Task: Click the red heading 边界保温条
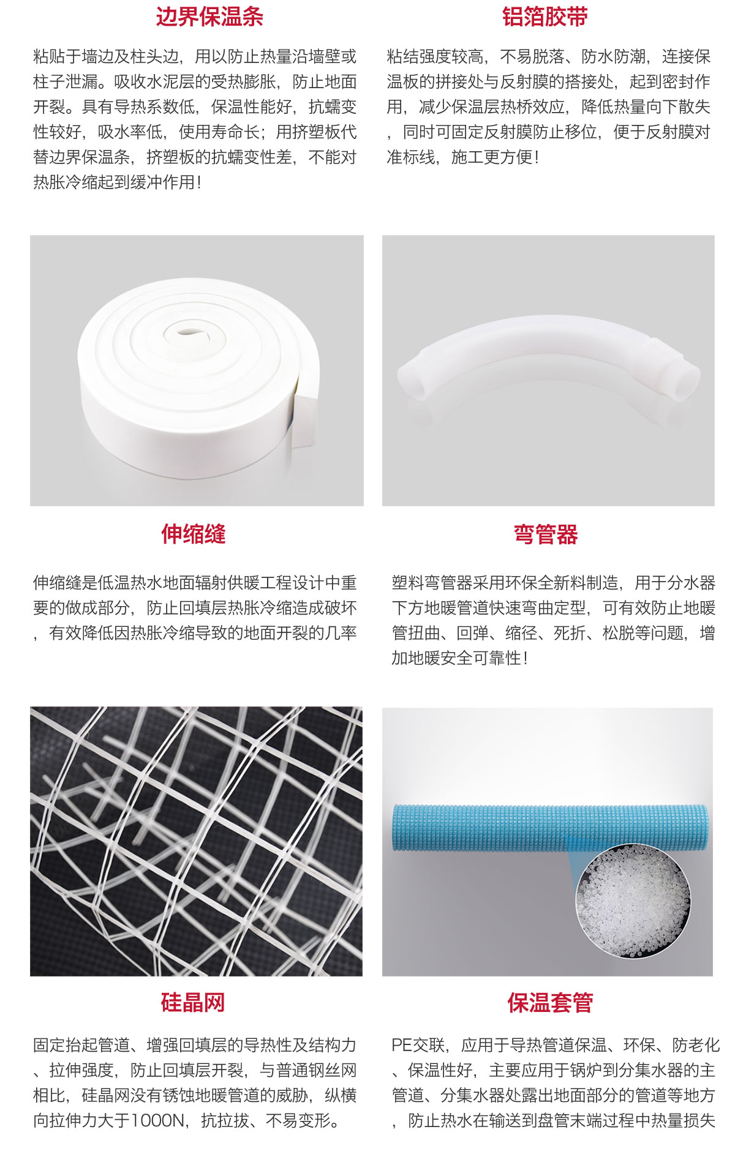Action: [209, 17]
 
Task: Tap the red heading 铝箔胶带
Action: [545, 17]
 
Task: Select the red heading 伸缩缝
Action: [194, 534]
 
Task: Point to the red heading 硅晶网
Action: [193, 1002]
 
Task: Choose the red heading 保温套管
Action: [550, 1003]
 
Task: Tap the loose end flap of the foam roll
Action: [304, 419]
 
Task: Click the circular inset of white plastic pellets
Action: [633, 901]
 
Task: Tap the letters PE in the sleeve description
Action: [402, 1044]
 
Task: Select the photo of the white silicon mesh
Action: [196, 841]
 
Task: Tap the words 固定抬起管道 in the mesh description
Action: [81, 1044]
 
